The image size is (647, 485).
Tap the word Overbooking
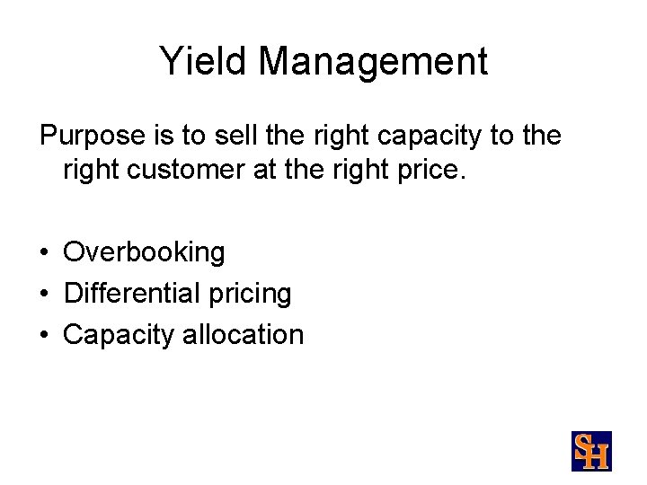(144, 252)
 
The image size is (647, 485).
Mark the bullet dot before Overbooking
(43, 253)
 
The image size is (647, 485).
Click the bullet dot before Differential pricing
(43, 295)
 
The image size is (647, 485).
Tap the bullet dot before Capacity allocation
(43, 336)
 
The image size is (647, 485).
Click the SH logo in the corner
(591, 450)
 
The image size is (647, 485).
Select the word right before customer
(86, 170)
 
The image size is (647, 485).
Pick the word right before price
(355, 170)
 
